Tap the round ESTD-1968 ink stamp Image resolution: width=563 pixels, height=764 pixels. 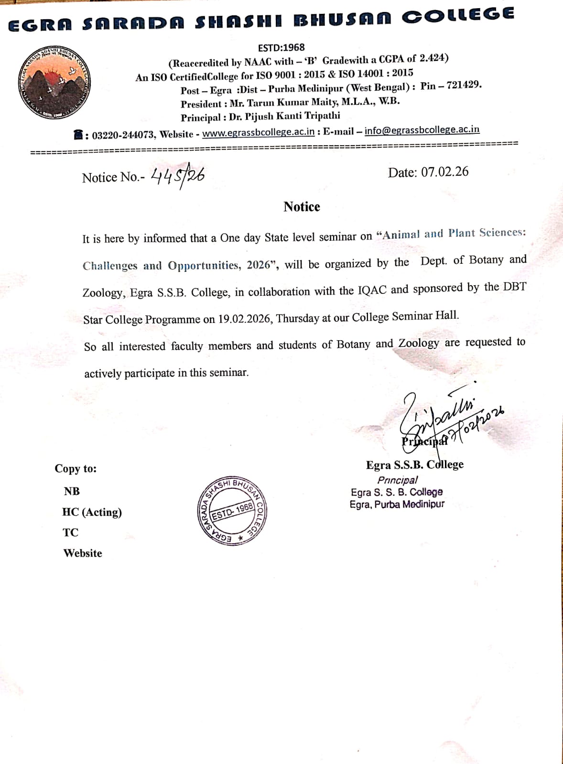coord(232,511)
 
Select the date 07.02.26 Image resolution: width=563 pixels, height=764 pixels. coord(444,172)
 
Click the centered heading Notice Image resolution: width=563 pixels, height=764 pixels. coord(302,206)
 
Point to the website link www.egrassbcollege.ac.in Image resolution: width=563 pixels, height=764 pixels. coord(258,132)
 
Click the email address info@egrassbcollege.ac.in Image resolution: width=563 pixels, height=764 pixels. coord(422,130)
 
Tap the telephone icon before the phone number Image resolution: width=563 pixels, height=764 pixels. coord(79,135)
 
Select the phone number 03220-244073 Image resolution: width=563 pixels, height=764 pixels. coord(123,135)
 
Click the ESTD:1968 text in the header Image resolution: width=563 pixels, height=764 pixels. coord(281,48)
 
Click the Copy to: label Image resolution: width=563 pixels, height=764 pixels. coord(76,469)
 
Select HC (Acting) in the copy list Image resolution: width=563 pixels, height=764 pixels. coord(92,512)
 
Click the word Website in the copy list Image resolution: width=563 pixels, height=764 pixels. coord(83,553)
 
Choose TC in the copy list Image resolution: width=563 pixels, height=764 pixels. coord(70,532)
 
